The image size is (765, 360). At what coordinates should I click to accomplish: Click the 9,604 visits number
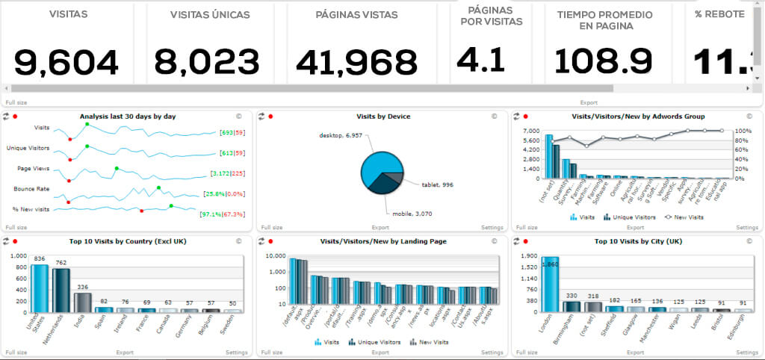(x=66, y=63)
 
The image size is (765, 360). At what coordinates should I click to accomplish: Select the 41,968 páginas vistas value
(x=356, y=63)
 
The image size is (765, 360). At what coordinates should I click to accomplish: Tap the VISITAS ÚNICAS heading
(x=210, y=15)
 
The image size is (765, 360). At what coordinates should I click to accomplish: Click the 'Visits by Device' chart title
(x=383, y=117)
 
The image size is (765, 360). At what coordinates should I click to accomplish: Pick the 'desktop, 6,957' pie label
(x=342, y=136)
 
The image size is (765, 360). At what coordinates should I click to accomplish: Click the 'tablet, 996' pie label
(x=437, y=184)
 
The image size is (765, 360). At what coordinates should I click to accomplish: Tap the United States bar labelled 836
(x=40, y=288)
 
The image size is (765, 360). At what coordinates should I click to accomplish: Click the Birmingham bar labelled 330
(x=572, y=305)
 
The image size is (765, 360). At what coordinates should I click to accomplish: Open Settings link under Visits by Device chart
(x=492, y=227)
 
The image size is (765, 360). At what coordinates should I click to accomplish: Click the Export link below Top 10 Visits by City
(x=635, y=352)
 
